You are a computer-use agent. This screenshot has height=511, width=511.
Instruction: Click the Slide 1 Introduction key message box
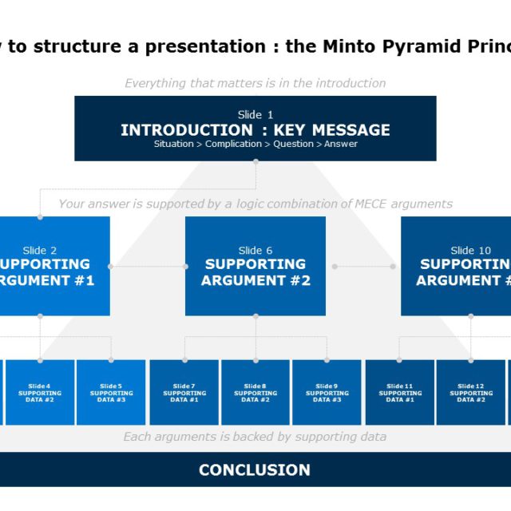[255, 128]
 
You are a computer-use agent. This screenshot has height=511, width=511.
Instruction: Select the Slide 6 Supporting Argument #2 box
[255, 266]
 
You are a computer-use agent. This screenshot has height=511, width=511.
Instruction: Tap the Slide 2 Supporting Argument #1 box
[54, 266]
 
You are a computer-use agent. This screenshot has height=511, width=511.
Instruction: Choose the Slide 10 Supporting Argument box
[456, 266]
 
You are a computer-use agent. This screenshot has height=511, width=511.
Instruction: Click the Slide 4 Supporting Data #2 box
[40, 392]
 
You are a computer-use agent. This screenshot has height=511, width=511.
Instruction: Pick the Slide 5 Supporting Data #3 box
[111, 392]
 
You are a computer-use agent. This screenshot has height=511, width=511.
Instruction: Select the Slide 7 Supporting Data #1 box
[184, 392]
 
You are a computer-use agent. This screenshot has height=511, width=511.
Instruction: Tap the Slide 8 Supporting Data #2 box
[255, 392]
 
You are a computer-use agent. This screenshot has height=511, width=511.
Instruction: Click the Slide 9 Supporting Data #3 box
[327, 392]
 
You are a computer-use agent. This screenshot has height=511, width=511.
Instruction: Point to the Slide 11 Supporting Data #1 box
[400, 392]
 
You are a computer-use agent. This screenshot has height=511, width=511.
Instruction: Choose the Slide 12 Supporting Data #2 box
[470, 392]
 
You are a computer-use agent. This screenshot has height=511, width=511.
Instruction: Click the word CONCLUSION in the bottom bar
[255, 470]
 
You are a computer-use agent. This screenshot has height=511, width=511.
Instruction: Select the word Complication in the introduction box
[233, 145]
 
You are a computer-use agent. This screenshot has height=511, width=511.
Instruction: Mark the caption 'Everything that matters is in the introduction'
[255, 83]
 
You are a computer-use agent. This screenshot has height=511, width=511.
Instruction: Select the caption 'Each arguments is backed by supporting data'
[255, 437]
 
